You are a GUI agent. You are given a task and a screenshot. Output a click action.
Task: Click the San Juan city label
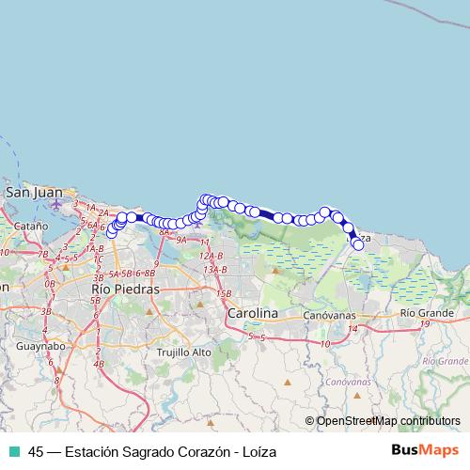point(34,192)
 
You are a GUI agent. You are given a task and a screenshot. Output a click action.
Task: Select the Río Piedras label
point(125,289)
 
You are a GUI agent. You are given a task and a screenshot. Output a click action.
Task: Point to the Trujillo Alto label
point(185,352)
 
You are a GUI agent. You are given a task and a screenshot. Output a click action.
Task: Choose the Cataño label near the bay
point(30,227)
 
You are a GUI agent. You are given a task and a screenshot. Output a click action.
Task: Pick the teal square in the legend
point(14,451)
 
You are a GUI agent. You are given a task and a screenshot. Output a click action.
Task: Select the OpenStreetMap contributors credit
point(388,420)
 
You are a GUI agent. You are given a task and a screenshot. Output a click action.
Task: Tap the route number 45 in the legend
point(36,451)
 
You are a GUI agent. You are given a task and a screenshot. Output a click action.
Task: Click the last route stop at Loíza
point(358,244)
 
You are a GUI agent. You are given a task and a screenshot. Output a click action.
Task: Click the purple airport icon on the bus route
point(197,224)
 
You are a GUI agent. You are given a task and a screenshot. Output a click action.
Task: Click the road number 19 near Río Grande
point(425,323)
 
